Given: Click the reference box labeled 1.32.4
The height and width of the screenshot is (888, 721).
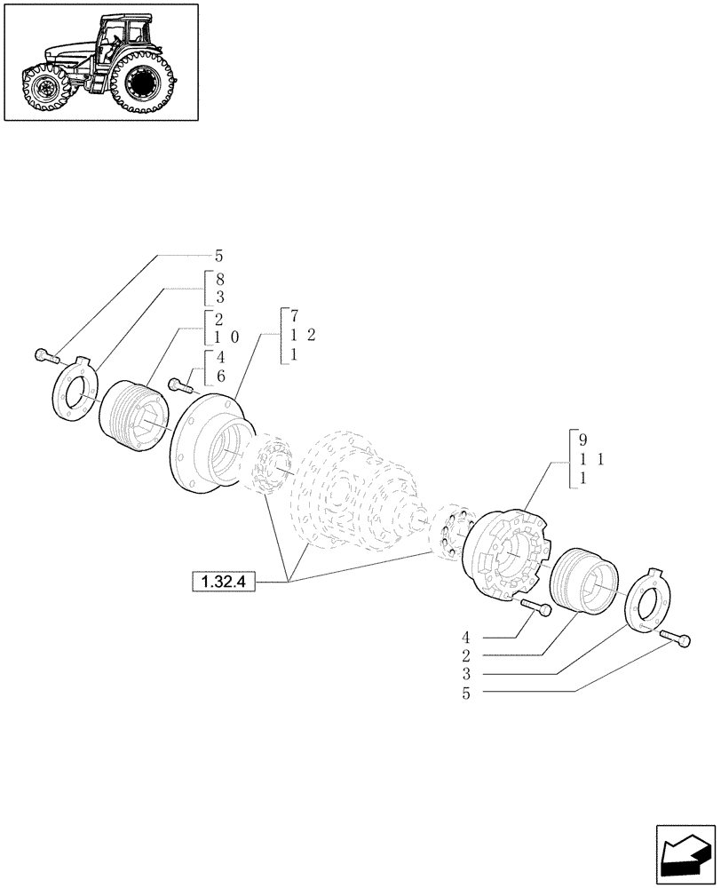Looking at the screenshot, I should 222,583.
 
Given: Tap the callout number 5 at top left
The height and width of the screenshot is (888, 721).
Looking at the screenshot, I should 219,256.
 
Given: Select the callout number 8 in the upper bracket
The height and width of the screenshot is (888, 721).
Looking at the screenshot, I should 219,278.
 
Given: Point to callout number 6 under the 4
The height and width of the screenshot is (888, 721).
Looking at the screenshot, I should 219,377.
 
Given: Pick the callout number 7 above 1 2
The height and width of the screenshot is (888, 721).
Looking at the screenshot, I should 294,316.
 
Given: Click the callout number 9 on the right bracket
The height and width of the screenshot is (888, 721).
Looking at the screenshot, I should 582,440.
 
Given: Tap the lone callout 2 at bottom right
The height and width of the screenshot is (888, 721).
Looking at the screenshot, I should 465,656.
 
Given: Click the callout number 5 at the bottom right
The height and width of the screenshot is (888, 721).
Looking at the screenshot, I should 465,694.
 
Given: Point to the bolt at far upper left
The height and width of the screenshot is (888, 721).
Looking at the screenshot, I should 46,357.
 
